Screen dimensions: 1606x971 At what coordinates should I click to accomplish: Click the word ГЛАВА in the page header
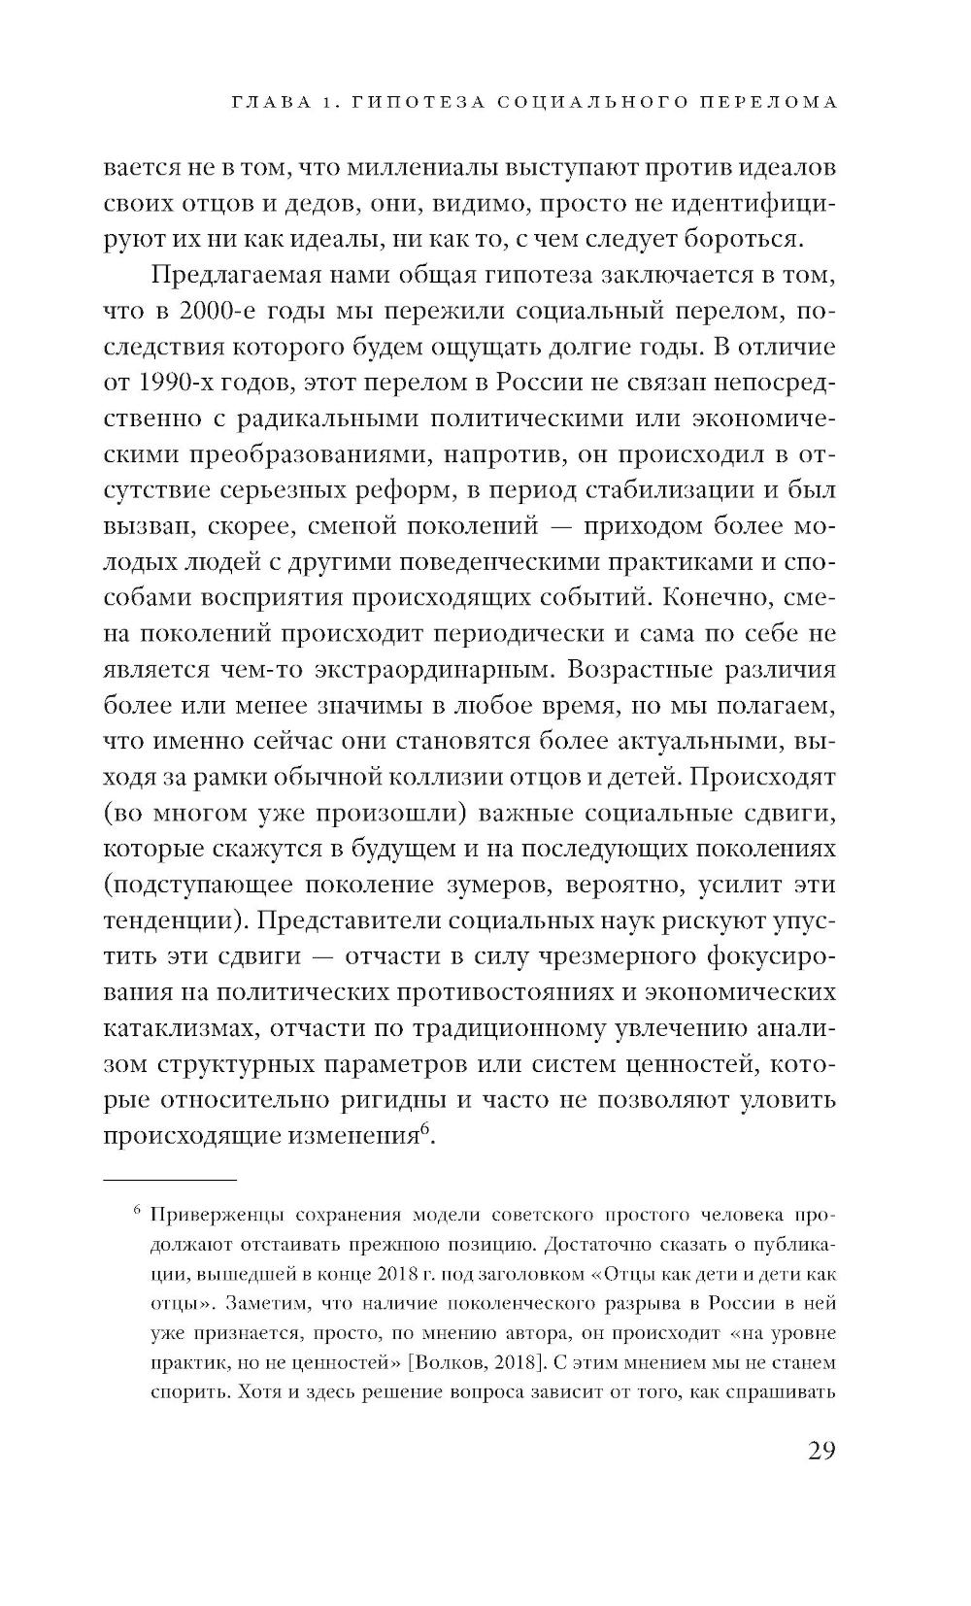pos(251,102)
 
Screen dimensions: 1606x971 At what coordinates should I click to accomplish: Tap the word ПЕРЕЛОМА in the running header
pos(762,102)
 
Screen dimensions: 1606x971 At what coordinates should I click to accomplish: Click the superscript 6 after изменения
pos(425,1128)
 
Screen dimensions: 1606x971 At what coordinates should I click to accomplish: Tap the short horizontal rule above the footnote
pos(170,1180)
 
